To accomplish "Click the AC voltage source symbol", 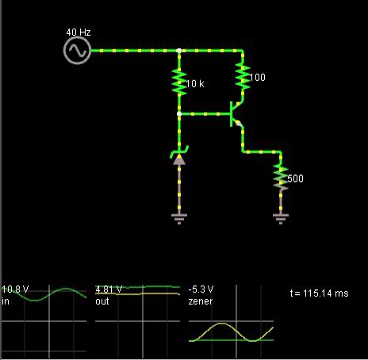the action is (77, 51).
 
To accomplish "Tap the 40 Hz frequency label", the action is (79, 33).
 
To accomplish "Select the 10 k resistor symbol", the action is (179, 82).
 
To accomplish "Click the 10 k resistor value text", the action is (195, 84).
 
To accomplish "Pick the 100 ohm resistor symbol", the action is (243, 77).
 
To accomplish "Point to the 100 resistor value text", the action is (257, 77).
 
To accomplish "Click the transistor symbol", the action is (236, 114).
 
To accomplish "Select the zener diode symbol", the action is (179, 155).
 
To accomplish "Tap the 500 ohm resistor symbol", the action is (281, 177).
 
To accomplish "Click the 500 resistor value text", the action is (295, 178).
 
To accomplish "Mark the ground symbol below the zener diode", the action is (179, 219).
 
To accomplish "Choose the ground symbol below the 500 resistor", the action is (281, 219).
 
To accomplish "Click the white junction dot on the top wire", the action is (179, 51).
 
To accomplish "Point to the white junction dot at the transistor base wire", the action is (179, 114).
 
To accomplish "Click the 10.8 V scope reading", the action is (15, 289).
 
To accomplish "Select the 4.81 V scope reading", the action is (109, 289).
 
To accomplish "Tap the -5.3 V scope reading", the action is (201, 289).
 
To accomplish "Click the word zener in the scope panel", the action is (201, 301).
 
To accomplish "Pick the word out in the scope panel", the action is (102, 301).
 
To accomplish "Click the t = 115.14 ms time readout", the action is (319, 293).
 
